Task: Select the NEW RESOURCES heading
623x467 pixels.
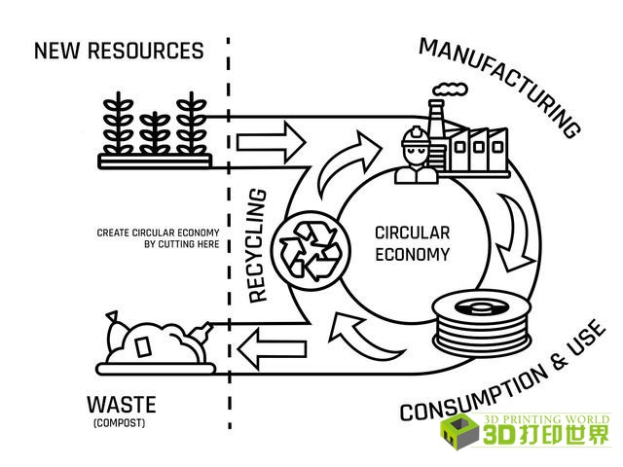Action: tap(119, 51)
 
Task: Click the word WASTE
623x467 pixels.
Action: tap(122, 403)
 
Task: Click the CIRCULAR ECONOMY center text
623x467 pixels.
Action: tap(412, 244)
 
